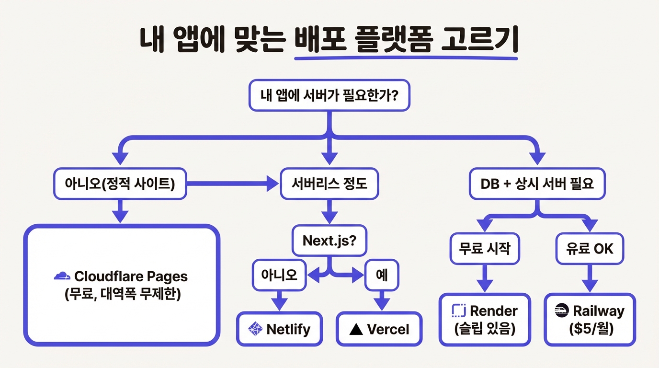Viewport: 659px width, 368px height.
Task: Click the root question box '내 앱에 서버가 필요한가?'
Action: [x=329, y=95]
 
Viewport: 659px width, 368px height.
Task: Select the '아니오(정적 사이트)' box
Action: [x=120, y=184]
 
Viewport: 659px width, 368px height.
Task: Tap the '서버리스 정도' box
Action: [x=329, y=184]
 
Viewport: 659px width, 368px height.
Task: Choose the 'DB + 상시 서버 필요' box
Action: [x=537, y=184]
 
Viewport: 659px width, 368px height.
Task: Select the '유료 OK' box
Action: [x=590, y=249]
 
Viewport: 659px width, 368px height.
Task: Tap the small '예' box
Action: [x=382, y=275]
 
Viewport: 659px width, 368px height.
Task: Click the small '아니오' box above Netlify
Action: [x=279, y=275]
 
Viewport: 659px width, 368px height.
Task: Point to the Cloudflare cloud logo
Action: [x=62, y=276]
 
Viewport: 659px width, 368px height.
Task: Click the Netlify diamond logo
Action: [x=255, y=329]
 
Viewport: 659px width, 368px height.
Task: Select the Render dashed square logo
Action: [x=459, y=310]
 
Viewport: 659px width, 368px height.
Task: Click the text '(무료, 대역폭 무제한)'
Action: [x=122, y=294]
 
